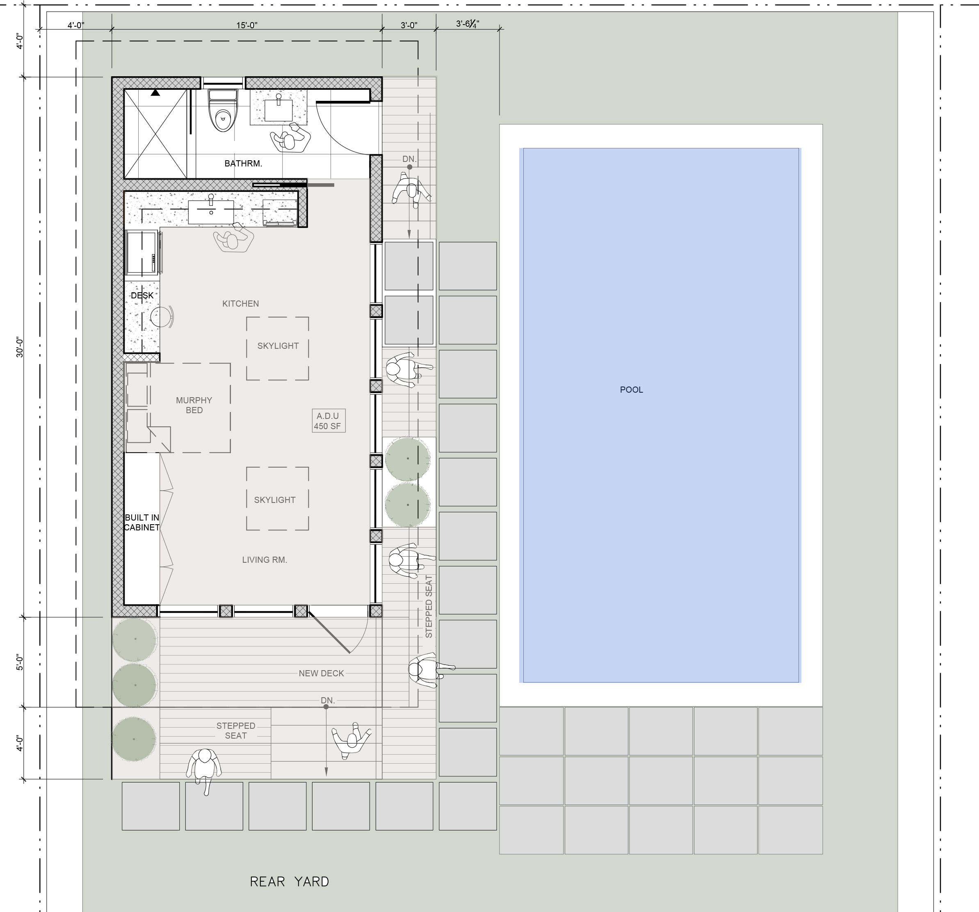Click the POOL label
click(631, 389)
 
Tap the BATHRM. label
click(243, 164)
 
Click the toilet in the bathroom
click(223, 110)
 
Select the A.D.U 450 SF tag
click(328, 421)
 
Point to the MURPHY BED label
click(194, 405)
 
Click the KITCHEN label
click(240, 304)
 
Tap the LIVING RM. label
click(265, 559)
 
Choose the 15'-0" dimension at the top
click(247, 25)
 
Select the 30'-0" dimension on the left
click(20, 348)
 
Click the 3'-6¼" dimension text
click(467, 24)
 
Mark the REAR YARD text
click(290, 882)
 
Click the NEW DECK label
click(321, 673)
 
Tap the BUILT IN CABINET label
click(142, 522)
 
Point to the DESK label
click(142, 295)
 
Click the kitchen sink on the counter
click(211, 211)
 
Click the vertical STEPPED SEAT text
click(429, 606)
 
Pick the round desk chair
click(162, 316)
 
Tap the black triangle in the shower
click(155, 92)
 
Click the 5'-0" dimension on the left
click(20, 662)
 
